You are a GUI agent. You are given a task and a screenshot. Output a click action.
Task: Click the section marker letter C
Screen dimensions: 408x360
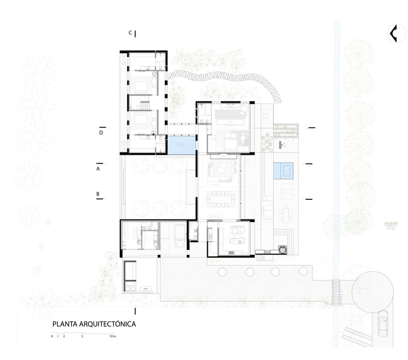point(131,33)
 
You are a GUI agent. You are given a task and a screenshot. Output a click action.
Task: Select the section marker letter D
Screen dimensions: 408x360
point(101,132)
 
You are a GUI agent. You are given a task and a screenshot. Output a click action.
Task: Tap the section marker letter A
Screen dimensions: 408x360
point(98,169)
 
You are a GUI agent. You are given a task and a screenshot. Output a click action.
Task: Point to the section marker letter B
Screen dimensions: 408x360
point(98,194)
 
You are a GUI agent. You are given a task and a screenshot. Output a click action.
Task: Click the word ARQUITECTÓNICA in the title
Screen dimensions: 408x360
point(108,324)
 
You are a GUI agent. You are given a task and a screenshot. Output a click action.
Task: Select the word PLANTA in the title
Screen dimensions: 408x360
point(65,324)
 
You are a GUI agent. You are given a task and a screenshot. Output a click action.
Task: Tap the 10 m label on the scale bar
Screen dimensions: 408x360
point(113,336)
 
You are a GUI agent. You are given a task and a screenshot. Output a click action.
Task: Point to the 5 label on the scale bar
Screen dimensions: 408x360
point(82,336)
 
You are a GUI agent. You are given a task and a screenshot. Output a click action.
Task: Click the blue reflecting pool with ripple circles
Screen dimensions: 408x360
point(181,145)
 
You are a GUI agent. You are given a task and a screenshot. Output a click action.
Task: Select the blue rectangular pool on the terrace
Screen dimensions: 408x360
point(283,171)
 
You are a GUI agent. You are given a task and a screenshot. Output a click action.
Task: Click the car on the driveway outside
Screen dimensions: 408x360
point(383,324)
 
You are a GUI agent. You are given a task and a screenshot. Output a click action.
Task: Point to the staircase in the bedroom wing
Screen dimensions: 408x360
point(145,106)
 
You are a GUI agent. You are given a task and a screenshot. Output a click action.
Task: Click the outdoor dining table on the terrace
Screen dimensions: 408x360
point(286,216)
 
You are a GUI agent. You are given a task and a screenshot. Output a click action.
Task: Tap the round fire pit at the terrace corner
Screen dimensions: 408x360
point(282,250)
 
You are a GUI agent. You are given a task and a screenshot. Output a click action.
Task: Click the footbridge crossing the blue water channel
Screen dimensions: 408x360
point(336,291)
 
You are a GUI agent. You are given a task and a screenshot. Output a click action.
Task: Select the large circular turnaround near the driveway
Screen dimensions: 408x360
point(372,292)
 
